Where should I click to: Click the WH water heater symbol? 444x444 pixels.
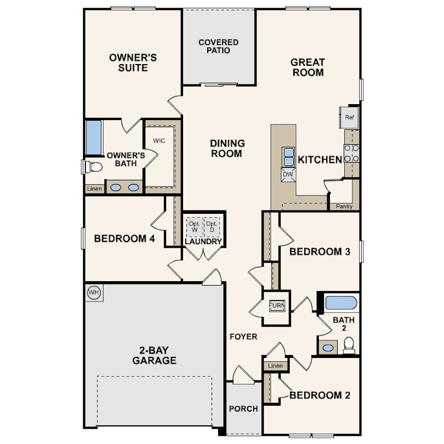tap(94, 292)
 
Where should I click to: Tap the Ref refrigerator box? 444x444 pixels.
tap(349, 117)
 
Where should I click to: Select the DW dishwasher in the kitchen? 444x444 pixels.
tap(288, 174)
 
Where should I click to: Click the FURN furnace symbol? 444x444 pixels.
tap(277, 305)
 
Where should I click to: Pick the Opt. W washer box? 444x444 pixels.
tap(195, 226)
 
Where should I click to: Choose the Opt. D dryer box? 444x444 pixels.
tap(212, 226)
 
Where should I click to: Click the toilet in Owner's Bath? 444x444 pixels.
tap(93, 167)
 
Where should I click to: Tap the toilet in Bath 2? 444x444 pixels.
tap(349, 345)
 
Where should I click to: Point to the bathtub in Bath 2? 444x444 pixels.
tap(341, 303)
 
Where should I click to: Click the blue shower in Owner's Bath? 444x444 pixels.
tap(94, 138)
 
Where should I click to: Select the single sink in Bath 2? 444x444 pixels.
tap(328, 348)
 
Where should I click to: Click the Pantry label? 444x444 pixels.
tap(344, 207)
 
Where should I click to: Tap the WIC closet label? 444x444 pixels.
tap(159, 141)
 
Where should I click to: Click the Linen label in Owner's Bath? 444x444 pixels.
tap(94, 189)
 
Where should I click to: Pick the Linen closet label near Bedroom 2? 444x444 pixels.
tap(275, 366)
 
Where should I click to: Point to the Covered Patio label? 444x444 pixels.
tap(218, 47)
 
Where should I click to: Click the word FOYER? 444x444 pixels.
tap(243, 337)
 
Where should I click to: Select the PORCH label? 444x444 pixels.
tap(243, 408)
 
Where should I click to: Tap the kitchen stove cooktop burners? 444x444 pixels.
tap(351, 153)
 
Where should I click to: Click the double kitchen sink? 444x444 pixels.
tap(288, 157)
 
